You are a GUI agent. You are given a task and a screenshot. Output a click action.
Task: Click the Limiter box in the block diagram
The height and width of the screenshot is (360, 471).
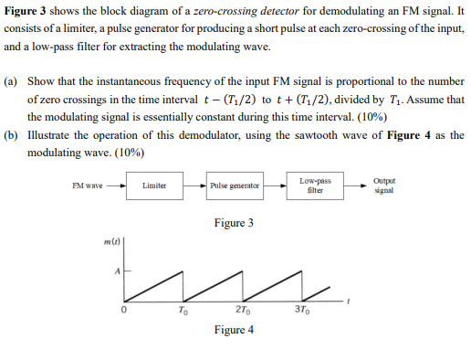coord(154,185)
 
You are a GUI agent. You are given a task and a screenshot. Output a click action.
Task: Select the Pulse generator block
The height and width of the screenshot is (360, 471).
coord(235,185)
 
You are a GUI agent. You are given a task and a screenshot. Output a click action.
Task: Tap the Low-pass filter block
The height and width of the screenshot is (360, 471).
coord(315,185)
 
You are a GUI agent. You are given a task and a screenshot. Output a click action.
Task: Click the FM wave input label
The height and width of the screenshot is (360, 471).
coord(88,185)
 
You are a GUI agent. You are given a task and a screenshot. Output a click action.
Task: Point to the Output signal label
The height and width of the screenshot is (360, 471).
coord(384,185)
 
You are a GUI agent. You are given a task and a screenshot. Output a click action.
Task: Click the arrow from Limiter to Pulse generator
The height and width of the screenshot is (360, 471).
coord(194,185)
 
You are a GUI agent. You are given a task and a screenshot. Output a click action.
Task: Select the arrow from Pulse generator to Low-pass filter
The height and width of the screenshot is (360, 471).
coord(275,185)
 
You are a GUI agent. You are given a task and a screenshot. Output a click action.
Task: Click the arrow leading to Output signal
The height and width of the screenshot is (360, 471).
coord(355,185)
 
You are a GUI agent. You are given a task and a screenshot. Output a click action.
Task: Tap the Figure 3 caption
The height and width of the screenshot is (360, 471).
coord(234,223)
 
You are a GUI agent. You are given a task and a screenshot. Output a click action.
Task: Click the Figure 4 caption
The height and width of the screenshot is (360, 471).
coord(234,330)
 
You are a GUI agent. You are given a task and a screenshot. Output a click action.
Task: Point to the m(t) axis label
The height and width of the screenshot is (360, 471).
coord(112,242)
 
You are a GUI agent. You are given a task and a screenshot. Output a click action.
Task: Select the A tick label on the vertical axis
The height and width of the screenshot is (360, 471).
coord(118,270)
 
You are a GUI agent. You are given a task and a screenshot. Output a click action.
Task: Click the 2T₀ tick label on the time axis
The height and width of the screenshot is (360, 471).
coord(243,310)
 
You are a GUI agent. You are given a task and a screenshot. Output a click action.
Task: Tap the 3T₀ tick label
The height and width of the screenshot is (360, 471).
coord(302,310)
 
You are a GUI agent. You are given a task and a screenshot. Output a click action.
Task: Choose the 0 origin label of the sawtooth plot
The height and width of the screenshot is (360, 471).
coord(123,310)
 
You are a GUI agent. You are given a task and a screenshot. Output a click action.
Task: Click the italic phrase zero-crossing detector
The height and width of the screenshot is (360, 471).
coord(246,11)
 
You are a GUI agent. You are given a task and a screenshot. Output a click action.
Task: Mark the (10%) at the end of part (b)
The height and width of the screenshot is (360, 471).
coord(130,153)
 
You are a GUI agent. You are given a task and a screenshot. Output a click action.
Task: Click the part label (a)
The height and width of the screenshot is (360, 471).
coord(11,81)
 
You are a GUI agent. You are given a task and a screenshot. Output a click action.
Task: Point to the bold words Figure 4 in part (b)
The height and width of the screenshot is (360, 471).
coord(409,135)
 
